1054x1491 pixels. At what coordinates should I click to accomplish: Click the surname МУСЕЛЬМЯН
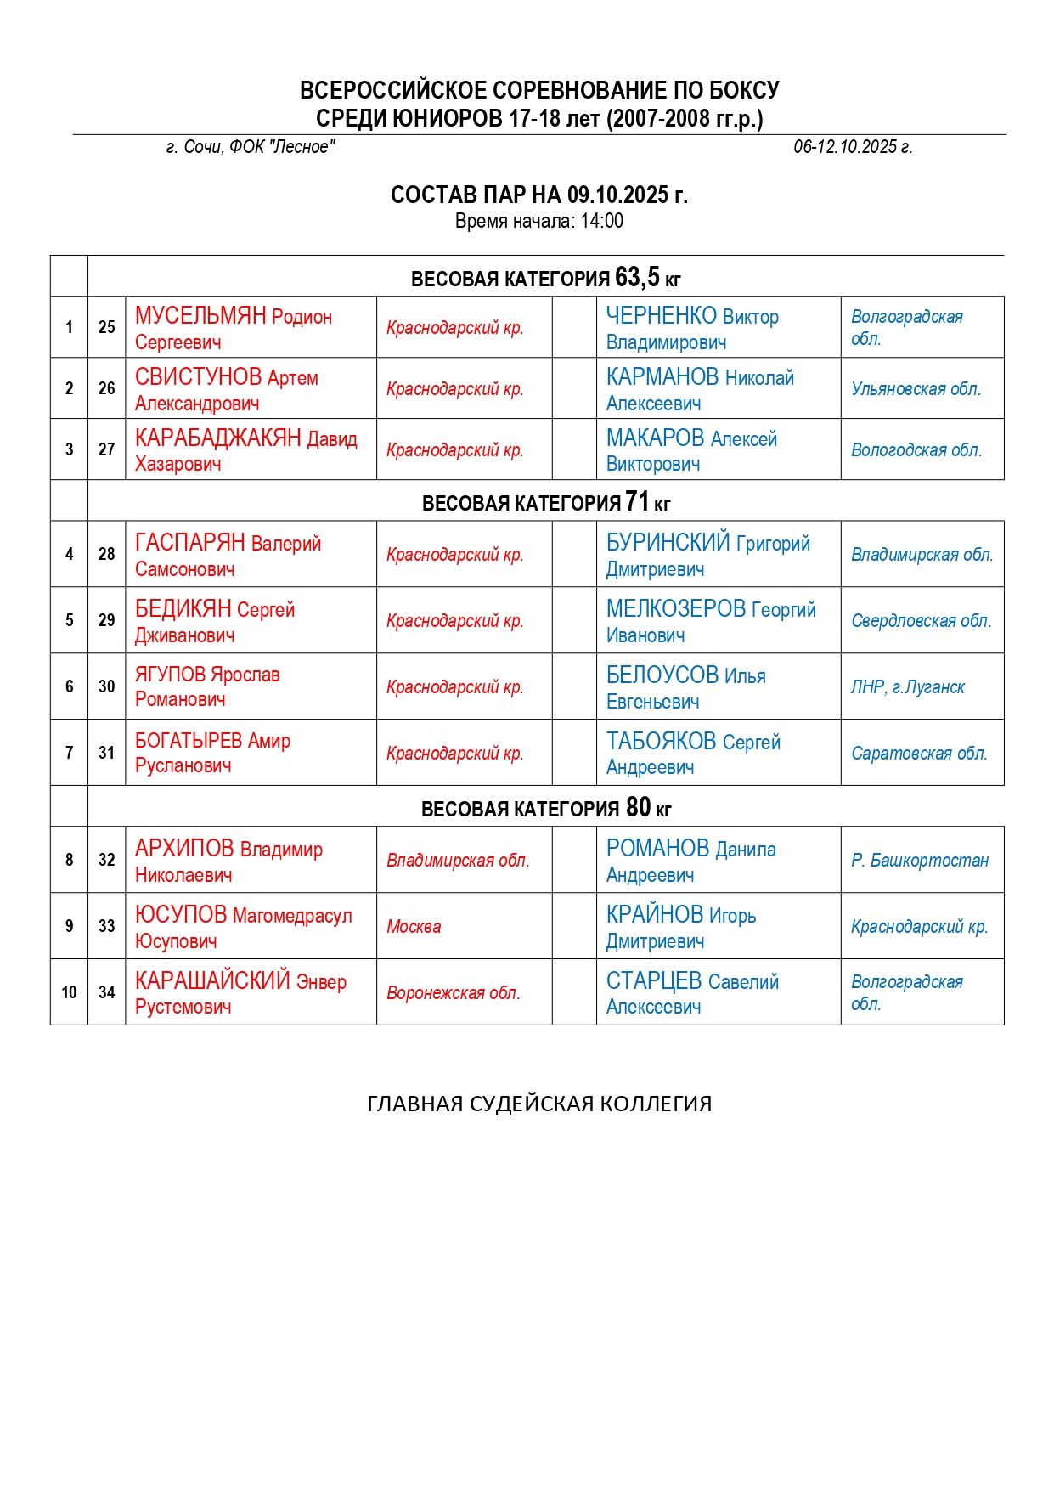[x=200, y=316]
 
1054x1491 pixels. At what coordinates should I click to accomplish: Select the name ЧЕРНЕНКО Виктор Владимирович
[x=691, y=328]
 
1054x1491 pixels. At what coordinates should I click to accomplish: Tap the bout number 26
[x=106, y=388]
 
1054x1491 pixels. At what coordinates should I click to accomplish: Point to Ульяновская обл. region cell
[x=916, y=389]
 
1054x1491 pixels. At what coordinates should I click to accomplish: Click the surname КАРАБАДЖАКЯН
[x=218, y=438]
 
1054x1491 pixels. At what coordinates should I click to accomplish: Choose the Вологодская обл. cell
[x=916, y=450]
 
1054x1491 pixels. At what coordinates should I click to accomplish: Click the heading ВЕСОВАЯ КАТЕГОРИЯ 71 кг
[x=545, y=502]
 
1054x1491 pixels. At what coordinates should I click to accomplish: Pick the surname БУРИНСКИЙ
[x=668, y=542]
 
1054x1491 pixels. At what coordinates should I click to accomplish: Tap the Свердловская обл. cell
[x=921, y=621]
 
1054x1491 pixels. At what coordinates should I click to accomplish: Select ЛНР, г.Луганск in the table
[x=907, y=687]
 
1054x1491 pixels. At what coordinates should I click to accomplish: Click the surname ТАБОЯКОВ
[x=662, y=742]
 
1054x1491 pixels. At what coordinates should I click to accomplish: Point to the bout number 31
[x=106, y=753]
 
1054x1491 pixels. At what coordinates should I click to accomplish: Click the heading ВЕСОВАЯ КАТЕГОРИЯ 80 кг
[x=545, y=808]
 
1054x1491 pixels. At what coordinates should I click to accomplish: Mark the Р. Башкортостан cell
[x=919, y=861]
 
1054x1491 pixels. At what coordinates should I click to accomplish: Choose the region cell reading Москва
[x=414, y=927]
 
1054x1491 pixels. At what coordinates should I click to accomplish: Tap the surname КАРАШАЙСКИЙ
[x=212, y=981]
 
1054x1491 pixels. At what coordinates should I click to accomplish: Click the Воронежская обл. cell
[x=453, y=993]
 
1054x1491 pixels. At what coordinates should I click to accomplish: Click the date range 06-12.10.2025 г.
[x=852, y=147]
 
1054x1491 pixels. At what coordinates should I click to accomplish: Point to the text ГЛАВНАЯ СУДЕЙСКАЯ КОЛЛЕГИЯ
[x=539, y=1104]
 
